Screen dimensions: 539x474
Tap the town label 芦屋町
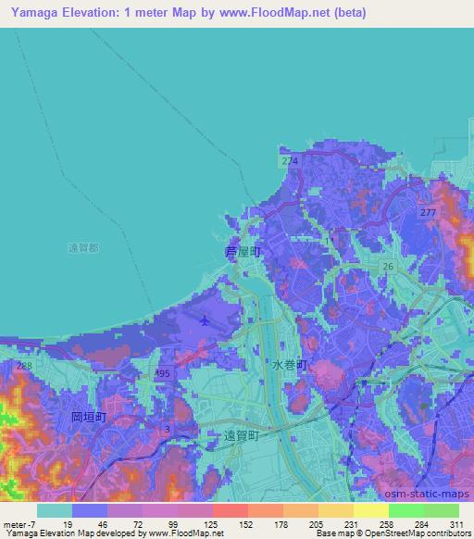[x=243, y=252]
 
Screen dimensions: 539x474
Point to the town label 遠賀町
[x=244, y=433]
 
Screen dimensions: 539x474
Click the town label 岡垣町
[x=89, y=418]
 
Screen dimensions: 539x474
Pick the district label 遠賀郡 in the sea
[x=85, y=247]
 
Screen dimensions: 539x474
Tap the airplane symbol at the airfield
[x=204, y=320]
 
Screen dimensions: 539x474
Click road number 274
[x=290, y=161]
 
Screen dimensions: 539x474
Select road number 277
[x=427, y=214]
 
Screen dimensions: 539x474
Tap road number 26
[x=389, y=267]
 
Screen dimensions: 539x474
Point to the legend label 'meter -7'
[x=19, y=524]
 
